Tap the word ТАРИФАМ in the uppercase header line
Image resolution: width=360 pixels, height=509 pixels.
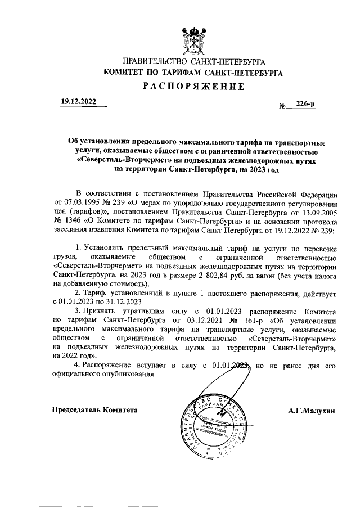[186, 73]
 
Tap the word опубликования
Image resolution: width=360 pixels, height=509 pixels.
[123, 375]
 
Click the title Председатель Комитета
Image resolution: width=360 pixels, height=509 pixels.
[95, 411]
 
